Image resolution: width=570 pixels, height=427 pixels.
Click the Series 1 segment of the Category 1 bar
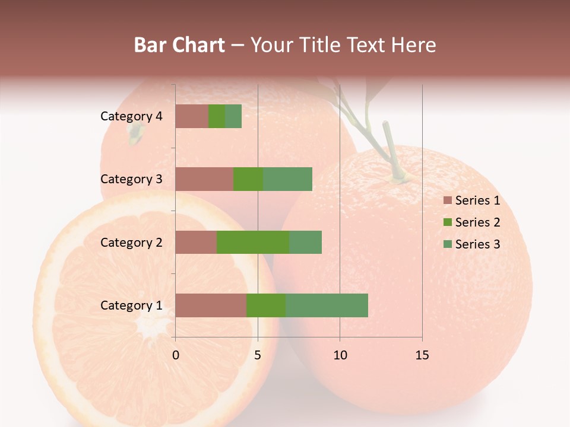[x=211, y=305]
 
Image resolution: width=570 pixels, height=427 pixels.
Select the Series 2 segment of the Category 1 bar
[x=266, y=305]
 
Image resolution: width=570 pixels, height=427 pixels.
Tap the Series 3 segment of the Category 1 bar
[x=327, y=305]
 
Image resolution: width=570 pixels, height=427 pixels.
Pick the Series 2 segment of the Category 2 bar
[x=253, y=243]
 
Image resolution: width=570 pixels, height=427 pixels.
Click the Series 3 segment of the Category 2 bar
[x=305, y=243]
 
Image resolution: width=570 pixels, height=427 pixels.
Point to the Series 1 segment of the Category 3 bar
[x=204, y=179]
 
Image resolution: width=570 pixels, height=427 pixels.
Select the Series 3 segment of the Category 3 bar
[x=287, y=179]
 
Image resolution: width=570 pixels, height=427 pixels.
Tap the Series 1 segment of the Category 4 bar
[x=192, y=116]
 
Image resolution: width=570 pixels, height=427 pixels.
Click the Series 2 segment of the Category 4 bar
[x=217, y=116]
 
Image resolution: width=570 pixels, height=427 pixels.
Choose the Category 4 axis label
[x=131, y=116]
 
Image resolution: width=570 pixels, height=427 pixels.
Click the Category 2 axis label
[x=131, y=243]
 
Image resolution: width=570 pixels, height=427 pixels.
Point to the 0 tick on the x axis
[x=176, y=355]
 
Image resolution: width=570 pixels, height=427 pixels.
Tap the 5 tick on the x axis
[x=258, y=355]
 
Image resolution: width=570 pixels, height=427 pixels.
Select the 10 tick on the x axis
[x=340, y=355]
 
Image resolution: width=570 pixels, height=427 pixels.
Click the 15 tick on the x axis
[x=422, y=355]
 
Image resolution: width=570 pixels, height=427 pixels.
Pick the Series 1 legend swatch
[x=447, y=200]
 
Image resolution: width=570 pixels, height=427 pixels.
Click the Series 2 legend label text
[x=477, y=222]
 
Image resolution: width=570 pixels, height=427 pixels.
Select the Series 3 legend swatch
[x=447, y=244]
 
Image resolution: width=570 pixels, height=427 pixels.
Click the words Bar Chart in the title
[x=179, y=45]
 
